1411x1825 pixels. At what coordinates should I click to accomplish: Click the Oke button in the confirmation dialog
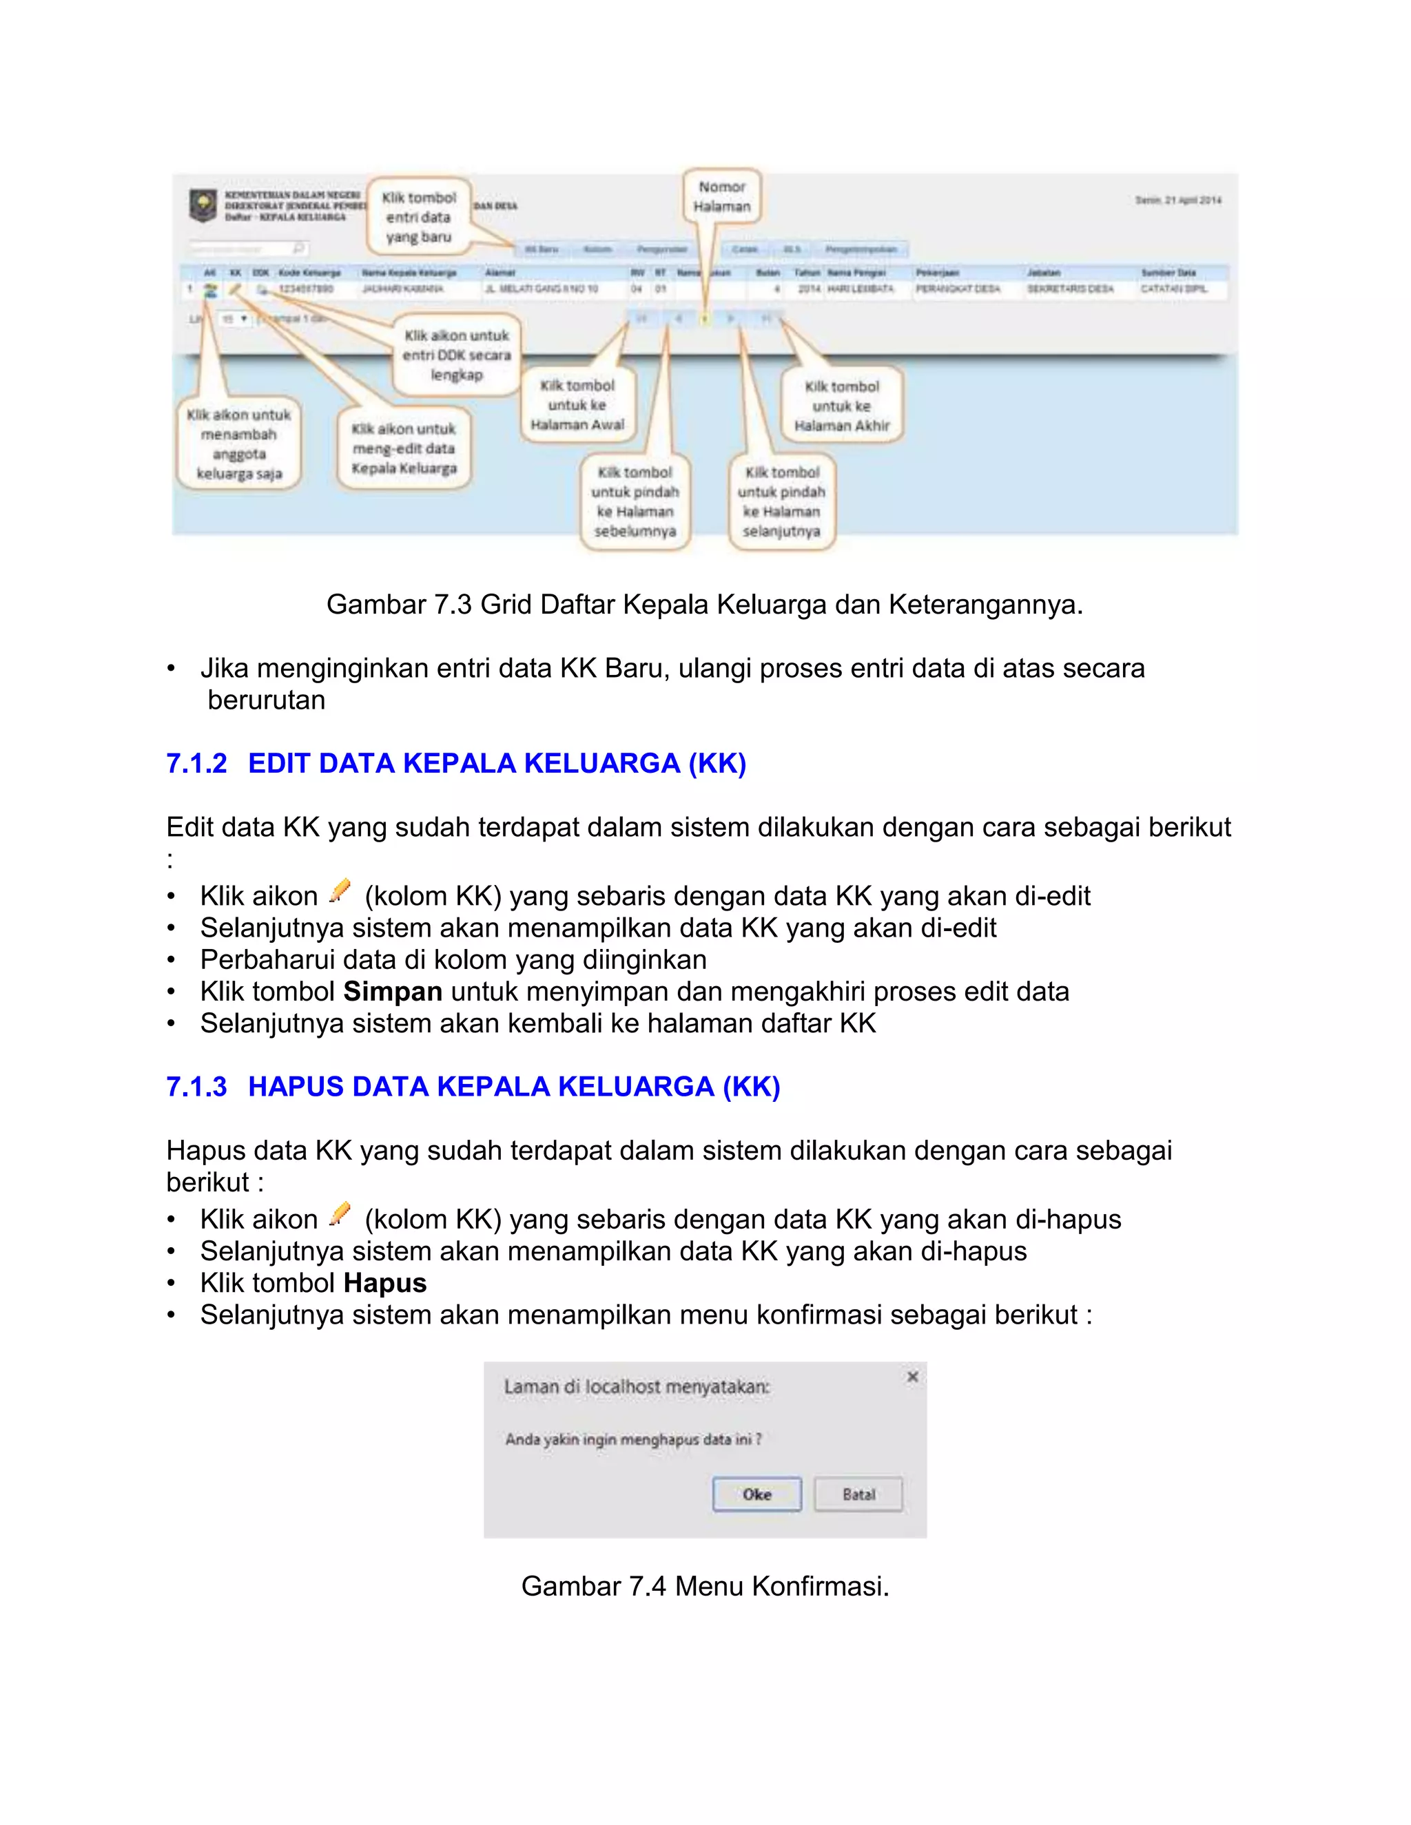coord(756,1494)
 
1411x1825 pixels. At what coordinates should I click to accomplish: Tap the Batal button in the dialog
coord(858,1494)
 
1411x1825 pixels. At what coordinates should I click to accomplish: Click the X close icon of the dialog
coord(913,1376)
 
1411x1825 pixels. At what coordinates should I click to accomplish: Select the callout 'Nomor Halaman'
coord(722,197)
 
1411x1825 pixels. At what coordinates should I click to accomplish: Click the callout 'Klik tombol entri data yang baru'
coord(419,217)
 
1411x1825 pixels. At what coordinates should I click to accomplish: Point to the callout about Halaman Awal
coord(577,405)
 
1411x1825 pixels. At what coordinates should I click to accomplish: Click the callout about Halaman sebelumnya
coord(635,501)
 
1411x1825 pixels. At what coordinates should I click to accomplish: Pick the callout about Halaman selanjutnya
coord(781,501)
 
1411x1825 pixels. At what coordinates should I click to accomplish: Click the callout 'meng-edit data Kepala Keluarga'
coord(404,449)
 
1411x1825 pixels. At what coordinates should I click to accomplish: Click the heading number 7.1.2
coord(196,763)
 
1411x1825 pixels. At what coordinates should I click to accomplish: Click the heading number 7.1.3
coord(196,1086)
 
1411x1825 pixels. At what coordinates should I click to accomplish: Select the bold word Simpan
coord(392,992)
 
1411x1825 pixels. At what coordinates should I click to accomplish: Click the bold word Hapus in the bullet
coord(384,1283)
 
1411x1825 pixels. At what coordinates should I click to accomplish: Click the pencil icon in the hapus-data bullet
coord(340,1214)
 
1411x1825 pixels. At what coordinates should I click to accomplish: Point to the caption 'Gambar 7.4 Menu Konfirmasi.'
coord(705,1586)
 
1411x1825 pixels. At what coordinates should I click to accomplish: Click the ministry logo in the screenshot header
coord(203,205)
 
